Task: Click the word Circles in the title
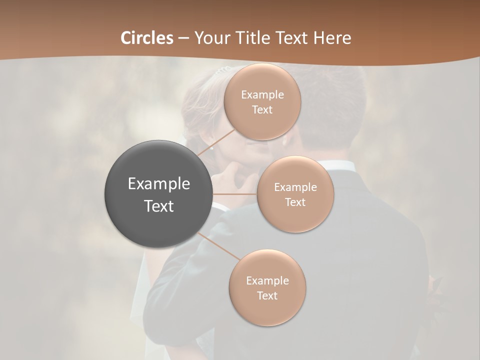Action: point(146,38)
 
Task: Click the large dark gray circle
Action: point(159,194)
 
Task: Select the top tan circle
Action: point(262,102)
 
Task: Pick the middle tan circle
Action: point(295,194)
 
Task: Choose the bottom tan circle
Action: point(267,288)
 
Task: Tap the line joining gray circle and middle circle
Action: point(235,194)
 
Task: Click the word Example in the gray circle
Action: point(159,184)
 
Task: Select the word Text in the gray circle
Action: point(159,206)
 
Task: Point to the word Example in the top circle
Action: point(262,95)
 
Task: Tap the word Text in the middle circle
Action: point(295,202)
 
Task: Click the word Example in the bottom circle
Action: point(267,281)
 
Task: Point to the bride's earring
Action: point(212,147)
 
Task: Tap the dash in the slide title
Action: point(183,38)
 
